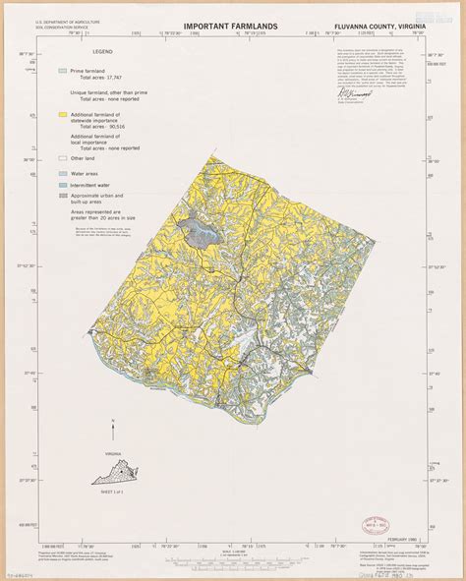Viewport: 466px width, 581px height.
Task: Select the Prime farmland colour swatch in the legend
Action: click(61, 71)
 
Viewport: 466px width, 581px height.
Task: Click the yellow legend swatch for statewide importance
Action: click(61, 116)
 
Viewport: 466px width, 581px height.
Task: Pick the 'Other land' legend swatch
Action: click(61, 157)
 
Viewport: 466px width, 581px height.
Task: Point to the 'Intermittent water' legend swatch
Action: click(61, 184)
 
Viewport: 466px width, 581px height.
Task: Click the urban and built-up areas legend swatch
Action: click(61, 197)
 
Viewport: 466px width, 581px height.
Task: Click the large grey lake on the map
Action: click(200, 232)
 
